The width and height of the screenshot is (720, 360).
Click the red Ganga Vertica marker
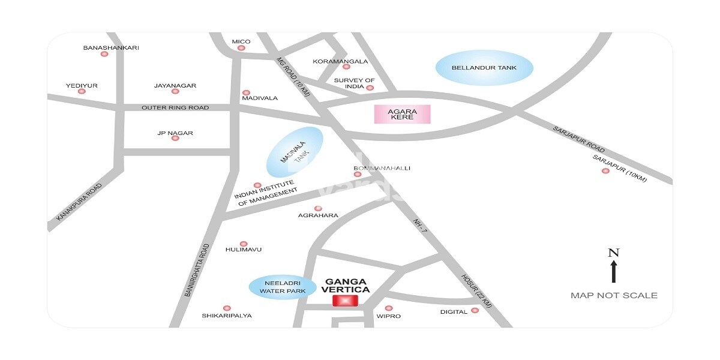tap(345, 301)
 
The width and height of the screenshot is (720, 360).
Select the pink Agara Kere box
tap(402, 114)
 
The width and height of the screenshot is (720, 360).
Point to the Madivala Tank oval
tap(294, 152)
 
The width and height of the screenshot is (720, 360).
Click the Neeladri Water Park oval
tap(282, 287)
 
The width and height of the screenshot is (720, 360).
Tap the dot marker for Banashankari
tap(104, 54)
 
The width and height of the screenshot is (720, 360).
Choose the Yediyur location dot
tap(82, 91)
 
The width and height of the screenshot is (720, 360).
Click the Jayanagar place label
tap(175, 86)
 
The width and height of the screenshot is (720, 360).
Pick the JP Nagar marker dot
tap(175, 138)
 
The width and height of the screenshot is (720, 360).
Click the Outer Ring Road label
tap(175, 108)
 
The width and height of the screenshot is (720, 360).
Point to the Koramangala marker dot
tap(346, 67)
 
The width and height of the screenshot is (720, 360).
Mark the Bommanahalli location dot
tap(358, 175)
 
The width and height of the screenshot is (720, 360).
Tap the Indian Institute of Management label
tap(265, 193)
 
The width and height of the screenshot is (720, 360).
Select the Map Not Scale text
tap(614, 295)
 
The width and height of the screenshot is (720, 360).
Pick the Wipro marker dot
tap(389, 308)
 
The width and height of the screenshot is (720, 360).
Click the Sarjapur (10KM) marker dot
tap(605, 171)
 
